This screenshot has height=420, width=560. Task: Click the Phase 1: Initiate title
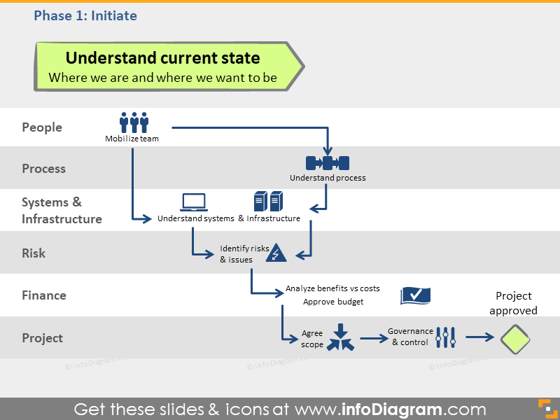pyautogui.click(x=85, y=15)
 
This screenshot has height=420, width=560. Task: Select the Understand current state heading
pyautogui.click(x=162, y=58)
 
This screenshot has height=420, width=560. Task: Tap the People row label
pyautogui.click(x=42, y=127)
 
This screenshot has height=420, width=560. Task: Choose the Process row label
pyautogui.click(x=43, y=169)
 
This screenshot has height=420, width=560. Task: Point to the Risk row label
pyautogui.click(x=34, y=253)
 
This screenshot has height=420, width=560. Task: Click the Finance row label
pyautogui.click(x=44, y=295)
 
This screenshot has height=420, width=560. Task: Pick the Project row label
pyautogui.click(x=42, y=338)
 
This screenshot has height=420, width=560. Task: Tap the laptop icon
pyautogui.click(x=194, y=202)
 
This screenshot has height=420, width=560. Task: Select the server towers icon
pyautogui.click(x=269, y=202)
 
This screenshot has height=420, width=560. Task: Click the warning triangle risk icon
pyautogui.click(x=276, y=253)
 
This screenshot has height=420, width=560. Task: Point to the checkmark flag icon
pyautogui.click(x=415, y=295)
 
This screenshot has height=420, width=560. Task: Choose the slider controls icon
pyautogui.click(x=446, y=337)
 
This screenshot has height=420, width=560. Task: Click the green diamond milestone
pyautogui.click(x=515, y=339)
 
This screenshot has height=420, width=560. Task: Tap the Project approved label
pyautogui.click(x=513, y=303)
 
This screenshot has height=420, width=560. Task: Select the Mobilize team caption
pyautogui.click(x=132, y=139)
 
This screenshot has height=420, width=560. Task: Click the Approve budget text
pyautogui.click(x=332, y=302)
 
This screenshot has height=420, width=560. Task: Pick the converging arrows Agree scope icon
pyautogui.click(x=340, y=337)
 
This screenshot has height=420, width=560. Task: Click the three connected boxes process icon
pyautogui.click(x=327, y=163)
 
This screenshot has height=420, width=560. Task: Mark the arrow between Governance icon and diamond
pyautogui.click(x=480, y=338)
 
